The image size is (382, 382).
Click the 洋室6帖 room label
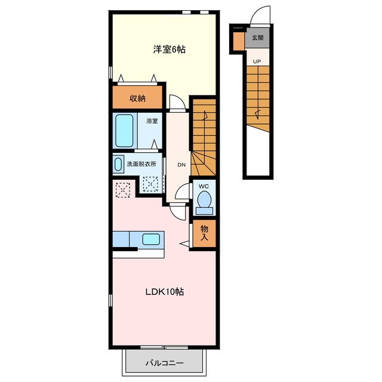(x=169, y=50)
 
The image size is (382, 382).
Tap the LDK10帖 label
(x=165, y=292)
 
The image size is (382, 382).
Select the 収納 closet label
(x=137, y=98)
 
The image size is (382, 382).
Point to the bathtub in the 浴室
(x=124, y=131)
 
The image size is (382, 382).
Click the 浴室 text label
(x=152, y=121)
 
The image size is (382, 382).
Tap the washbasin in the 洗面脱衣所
(x=118, y=165)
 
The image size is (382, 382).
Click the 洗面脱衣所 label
(x=141, y=164)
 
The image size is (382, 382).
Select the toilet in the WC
(x=204, y=202)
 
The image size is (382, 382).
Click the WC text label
(x=204, y=187)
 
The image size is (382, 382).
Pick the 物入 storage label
(x=204, y=233)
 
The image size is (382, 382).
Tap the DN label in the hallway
(x=181, y=165)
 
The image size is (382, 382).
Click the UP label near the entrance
(x=257, y=61)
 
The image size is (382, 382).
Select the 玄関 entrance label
(x=257, y=38)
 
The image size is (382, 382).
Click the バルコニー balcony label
(x=165, y=363)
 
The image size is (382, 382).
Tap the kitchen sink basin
(x=151, y=239)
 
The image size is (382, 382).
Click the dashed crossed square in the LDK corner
(x=123, y=190)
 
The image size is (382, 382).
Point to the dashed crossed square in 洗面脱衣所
(x=150, y=184)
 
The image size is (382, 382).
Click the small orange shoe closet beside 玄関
(x=239, y=41)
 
